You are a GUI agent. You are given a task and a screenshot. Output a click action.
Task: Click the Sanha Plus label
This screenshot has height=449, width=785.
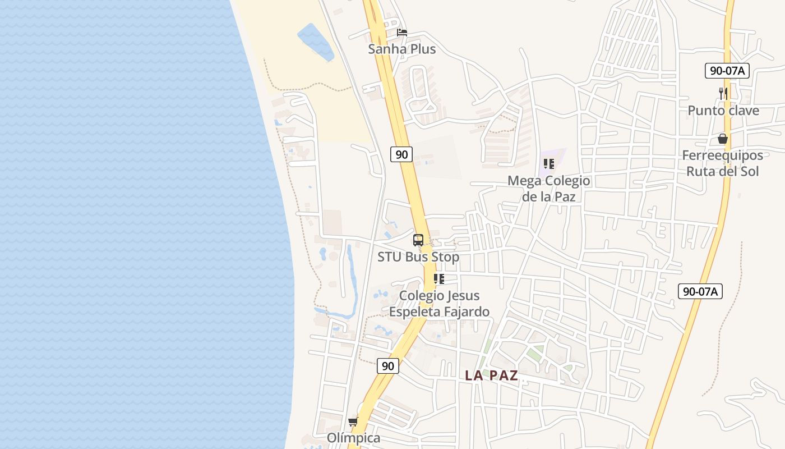pyautogui.click(x=401, y=49)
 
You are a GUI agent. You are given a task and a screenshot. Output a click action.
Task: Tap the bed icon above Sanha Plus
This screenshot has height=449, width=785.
pyautogui.click(x=401, y=32)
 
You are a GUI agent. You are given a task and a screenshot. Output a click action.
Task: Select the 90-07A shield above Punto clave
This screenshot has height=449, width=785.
pyautogui.click(x=727, y=71)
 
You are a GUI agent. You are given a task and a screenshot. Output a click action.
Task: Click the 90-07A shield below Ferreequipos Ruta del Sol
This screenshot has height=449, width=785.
pyautogui.click(x=700, y=291)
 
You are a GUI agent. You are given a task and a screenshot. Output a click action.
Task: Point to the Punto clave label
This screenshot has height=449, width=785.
pyautogui.click(x=723, y=111)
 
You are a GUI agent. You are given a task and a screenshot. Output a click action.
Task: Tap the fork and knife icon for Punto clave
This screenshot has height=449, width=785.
pyautogui.click(x=723, y=93)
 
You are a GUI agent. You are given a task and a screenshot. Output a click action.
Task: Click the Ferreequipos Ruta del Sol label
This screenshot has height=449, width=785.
pyautogui.click(x=722, y=163)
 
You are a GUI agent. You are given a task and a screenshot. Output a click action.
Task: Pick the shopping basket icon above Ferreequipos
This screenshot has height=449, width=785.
pyautogui.click(x=722, y=138)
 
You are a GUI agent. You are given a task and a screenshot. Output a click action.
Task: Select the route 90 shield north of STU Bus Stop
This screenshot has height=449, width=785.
pyautogui.click(x=401, y=154)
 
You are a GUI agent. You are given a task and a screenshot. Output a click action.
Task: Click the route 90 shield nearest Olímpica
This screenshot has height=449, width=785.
pyautogui.click(x=387, y=366)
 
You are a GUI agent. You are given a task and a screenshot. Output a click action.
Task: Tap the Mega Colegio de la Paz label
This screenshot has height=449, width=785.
pyautogui.click(x=548, y=188)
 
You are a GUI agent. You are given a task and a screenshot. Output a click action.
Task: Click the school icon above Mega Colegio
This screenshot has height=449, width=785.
pyautogui.click(x=548, y=164)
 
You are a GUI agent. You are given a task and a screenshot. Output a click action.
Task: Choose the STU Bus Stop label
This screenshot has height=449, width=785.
pyautogui.click(x=418, y=257)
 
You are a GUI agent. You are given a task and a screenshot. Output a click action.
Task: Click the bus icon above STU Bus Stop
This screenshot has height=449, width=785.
pyautogui.click(x=418, y=240)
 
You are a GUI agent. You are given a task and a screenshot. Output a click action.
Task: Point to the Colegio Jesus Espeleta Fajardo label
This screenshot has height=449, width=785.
pyautogui.click(x=439, y=304)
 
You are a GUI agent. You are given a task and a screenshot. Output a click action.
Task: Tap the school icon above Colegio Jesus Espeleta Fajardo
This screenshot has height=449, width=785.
pyautogui.click(x=439, y=278)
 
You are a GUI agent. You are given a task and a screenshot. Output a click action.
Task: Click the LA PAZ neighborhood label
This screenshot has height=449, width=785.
pyautogui.click(x=491, y=375)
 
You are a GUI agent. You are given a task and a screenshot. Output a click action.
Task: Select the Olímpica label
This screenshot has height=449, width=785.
pyautogui.click(x=353, y=438)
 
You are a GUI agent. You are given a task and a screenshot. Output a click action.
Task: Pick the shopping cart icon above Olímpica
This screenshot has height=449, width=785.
pyautogui.click(x=353, y=421)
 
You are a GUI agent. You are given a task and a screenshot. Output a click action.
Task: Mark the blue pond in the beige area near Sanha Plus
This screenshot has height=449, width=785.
pyautogui.click(x=315, y=41)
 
